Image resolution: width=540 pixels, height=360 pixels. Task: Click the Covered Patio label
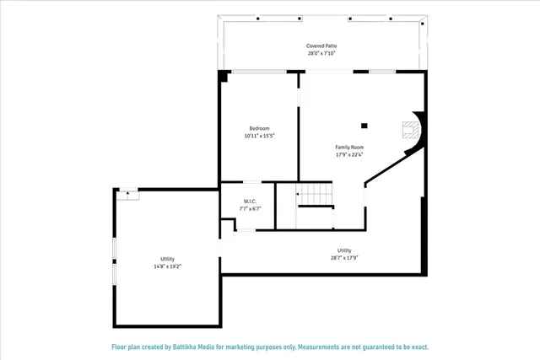[x=321, y=46]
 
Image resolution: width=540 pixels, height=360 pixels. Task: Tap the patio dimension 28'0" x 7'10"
[x=321, y=53]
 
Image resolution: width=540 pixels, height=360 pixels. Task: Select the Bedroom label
[x=259, y=128]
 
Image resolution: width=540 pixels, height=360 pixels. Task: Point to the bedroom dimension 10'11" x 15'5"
[x=259, y=136]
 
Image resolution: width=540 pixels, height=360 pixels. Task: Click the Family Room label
[x=349, y=148]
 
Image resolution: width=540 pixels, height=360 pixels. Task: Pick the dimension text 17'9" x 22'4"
[x=349, y=155]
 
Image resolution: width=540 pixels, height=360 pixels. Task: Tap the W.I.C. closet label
[x=251, y=201]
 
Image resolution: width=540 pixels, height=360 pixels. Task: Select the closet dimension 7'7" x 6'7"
[x=251, y=209]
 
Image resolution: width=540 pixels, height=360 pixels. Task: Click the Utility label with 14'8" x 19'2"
[x=167, y=259]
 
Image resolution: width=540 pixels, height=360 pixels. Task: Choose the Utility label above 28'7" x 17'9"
[x=344, y=250]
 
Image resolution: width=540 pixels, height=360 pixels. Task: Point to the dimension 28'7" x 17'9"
[x=344, y=258]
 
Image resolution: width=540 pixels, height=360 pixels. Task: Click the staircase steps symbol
[x=318, y=195]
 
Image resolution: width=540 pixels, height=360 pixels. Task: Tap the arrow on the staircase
[x=298, y=194]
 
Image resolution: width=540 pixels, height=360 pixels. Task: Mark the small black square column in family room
[x=364, y=126]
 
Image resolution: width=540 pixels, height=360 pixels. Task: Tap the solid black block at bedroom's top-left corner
[x=224, y=76]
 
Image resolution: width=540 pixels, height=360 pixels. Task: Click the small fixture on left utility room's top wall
[x=127, y=192]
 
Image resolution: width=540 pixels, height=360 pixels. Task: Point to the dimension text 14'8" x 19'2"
[x=167, y=266]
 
